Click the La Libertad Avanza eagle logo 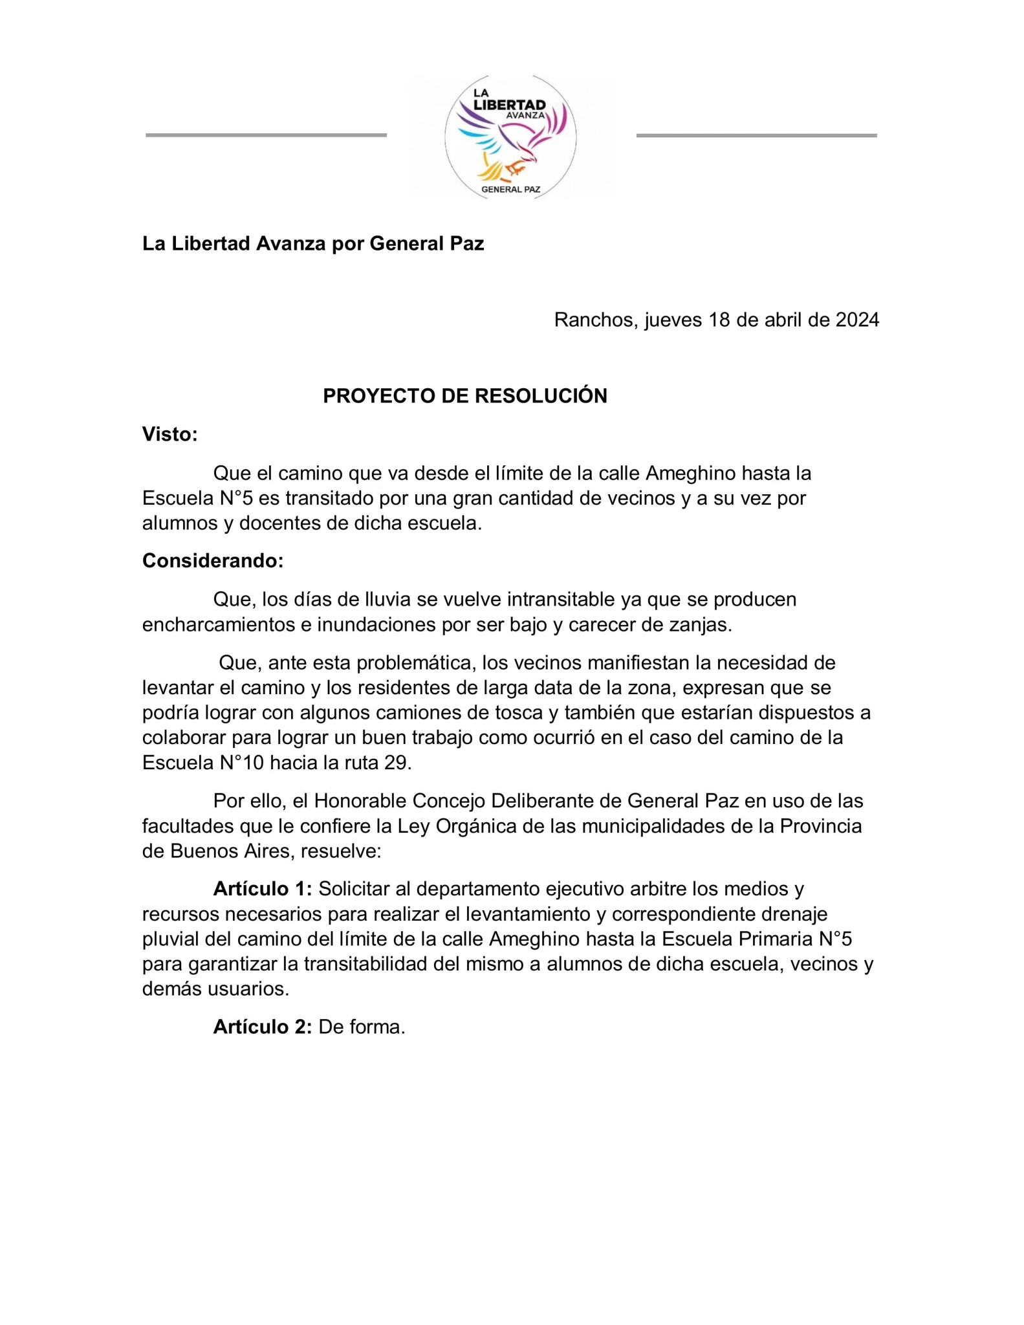click(x=510, y=137)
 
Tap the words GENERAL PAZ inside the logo click(x=510, y=190)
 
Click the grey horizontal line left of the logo click(x=266, y=135)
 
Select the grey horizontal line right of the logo click(x=756, y=135)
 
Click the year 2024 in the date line click(x=857, y=320)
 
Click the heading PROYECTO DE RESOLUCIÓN click(x=465, y=396)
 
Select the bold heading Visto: click(x=170, y=434)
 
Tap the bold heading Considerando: click(x=213, y=561)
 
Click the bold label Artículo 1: click(x=263, y=889)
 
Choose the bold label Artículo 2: click(x=263, y=1027)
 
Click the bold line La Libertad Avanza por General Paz click(x=313, y=244)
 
